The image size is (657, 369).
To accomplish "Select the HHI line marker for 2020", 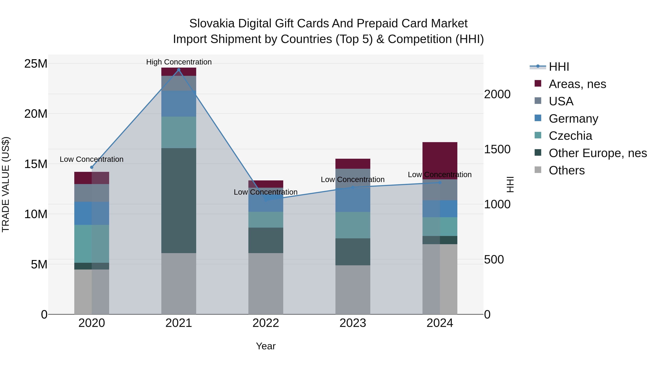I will pyautogui.click(x=92, y=167).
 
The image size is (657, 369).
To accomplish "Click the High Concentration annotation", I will pyautogui.click(x=179, y=62).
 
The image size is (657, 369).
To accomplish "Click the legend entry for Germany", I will pyautogui.click(x=573, y=119).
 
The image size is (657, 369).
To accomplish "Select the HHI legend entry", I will pyautogui.click(x=559, y=67).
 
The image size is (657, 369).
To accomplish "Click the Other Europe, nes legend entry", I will pyautogui.click(x=597, y=153).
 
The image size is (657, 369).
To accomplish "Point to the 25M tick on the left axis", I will pyautogui.click(x=36, y=64).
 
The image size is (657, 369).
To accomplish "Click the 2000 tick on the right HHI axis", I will pyautogui.click(x=497, y=94).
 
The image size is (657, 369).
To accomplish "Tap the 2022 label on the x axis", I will pyautogui.click(x=266, y=323).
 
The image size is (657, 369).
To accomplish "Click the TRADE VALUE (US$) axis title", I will pyautogui.click(x=6, y=184).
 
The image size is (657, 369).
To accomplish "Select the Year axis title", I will pyautogui.click(x=266, y=346).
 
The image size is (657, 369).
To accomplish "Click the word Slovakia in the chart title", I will pyautogui.click(x=212, y=24).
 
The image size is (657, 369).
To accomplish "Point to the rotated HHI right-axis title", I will pyautogui.click(x=510, y=184).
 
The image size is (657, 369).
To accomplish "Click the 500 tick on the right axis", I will pyautogui.click(x=494, y=259).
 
